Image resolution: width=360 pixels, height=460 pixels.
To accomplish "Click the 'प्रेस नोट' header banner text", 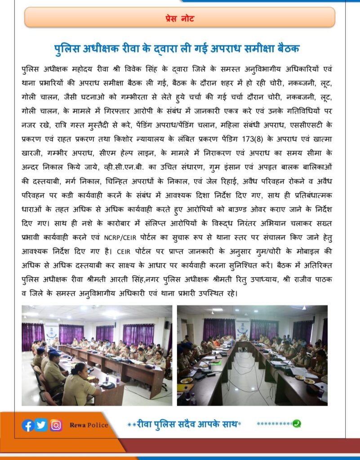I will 179,19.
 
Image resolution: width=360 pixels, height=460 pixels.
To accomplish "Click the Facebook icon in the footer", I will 27,425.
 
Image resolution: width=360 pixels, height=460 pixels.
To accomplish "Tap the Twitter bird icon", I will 41,425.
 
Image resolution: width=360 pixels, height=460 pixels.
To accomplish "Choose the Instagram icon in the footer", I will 56,425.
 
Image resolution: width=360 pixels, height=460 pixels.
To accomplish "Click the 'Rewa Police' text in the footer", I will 89,425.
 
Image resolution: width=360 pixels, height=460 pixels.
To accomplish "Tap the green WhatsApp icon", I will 296,423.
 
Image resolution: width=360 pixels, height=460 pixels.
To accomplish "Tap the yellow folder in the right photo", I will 184,388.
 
